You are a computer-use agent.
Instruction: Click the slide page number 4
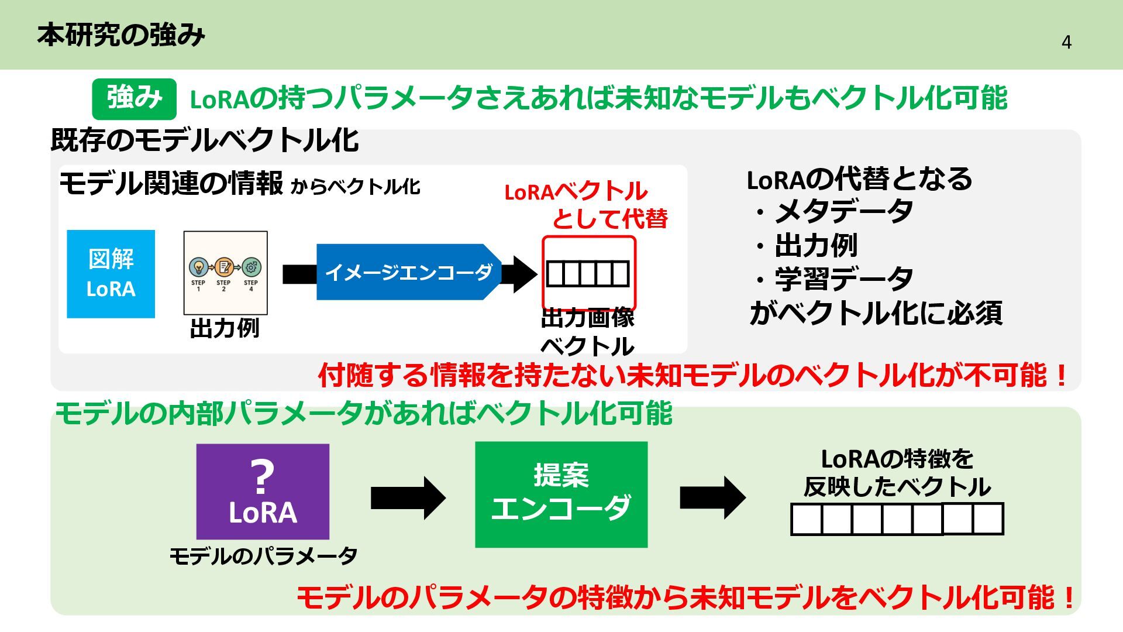[1066, 43]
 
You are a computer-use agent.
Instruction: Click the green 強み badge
[134, 98]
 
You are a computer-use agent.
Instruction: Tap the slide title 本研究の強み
[121, 35]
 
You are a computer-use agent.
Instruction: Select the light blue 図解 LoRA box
[111, 274]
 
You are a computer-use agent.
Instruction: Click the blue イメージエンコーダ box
[408, 272]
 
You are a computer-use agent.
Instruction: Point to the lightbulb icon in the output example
[198, 267]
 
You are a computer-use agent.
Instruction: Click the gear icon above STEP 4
[251, 267]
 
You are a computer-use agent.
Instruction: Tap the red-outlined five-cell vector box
[588, 273]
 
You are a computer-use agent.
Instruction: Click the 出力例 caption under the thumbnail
[225, 328]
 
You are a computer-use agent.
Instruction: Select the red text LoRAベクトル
[576, 191]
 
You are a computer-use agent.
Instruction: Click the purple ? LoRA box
[263, 492]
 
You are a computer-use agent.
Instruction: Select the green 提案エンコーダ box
[561, 494]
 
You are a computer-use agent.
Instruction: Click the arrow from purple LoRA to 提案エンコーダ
[408, 498]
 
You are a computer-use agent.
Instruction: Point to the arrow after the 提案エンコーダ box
[712, 498]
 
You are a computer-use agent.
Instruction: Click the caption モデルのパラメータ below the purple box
[263, 555]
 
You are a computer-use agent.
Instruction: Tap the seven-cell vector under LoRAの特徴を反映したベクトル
[897, 519]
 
